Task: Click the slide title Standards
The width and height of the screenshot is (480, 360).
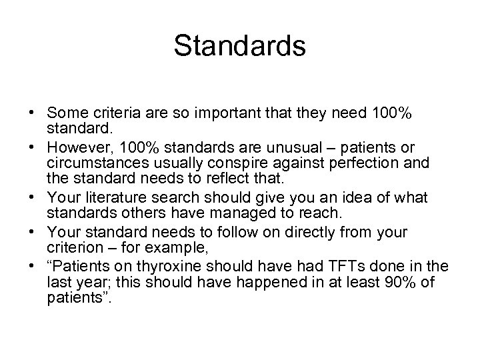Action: tap(239, 46)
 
